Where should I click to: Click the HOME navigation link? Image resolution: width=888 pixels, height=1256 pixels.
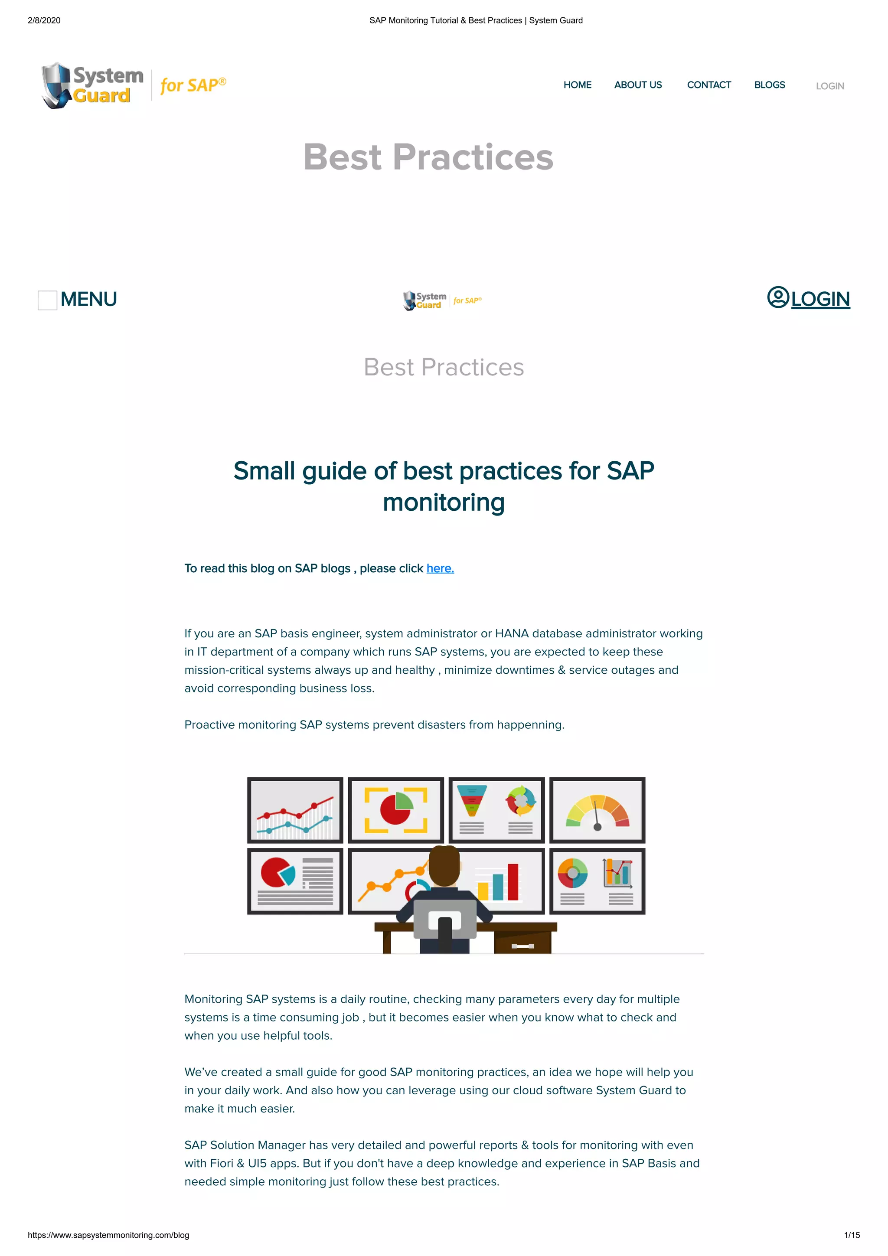(577, 85)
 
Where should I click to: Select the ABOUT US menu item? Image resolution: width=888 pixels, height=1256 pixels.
(637, 85)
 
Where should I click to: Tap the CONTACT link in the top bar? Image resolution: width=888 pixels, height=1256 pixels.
(708, 85)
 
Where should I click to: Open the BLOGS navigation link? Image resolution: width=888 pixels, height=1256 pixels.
(769, 85)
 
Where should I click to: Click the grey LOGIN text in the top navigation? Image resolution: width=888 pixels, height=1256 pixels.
(829, 86)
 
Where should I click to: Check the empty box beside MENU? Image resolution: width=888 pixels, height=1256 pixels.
(47, 300)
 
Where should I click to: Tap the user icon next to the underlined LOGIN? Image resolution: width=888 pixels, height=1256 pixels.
(777, 297)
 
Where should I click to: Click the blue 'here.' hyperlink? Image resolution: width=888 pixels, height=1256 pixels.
(440, 568)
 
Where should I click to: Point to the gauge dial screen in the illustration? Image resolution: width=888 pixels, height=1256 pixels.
(597, 810)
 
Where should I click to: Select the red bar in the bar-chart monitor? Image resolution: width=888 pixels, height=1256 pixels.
(513, 881)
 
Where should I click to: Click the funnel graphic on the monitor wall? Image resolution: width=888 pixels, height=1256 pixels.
(472, 800)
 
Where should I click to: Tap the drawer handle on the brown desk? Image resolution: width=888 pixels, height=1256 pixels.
(522, 946)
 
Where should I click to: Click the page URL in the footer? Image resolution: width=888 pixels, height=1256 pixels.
(108, 1235)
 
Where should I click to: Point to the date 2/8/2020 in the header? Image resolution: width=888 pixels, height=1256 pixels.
(44, 20)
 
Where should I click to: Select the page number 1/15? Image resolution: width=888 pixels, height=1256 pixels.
(851, 1235)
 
